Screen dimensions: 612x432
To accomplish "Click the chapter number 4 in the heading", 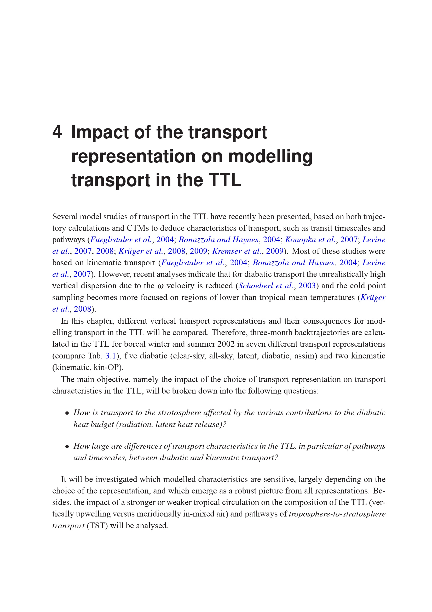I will point(57,132).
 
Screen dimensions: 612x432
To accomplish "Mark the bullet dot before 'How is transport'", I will point(67,413).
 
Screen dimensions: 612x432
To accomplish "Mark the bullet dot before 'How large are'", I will point(67,447).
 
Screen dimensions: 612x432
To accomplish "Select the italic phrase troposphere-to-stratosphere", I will point(337,514).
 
